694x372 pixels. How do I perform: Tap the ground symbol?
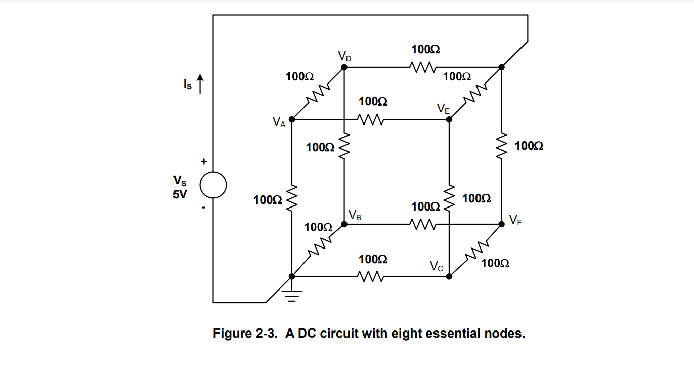click(x=292, y=294)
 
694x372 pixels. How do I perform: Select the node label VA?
click(x=279, y=122)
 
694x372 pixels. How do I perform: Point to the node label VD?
click(x=344, y=56)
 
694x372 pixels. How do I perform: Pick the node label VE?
click(x=443, y=108)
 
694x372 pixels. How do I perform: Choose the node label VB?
click(x=355, y=216)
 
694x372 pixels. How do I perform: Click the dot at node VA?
click(x=292, y=119)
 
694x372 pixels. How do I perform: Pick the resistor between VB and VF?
click(x=423, y=223)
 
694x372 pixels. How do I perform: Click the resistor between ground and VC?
click(x=371, y=276)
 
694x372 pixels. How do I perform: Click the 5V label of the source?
click(x=180, y=195)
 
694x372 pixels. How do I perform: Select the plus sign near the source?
click(x=204, y=162)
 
